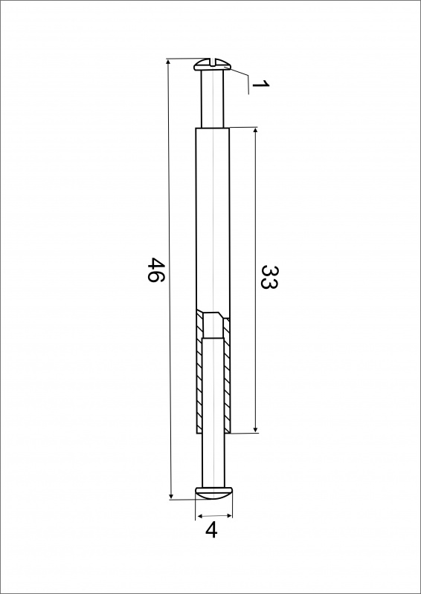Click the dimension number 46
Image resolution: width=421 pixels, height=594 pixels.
point(155,270)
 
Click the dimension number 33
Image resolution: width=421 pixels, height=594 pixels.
point(270,277)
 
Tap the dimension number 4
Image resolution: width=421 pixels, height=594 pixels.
point(211,530)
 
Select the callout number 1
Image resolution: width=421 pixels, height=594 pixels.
point(261,84)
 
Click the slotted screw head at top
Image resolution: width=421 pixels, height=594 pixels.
point(212,65)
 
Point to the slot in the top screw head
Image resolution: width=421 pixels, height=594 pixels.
point(212,62)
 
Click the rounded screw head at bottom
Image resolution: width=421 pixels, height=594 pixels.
point(213,493)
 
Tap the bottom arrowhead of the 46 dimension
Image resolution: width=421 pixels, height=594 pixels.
point(171,496)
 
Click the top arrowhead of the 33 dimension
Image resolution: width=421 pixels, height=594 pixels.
point(255,131)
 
